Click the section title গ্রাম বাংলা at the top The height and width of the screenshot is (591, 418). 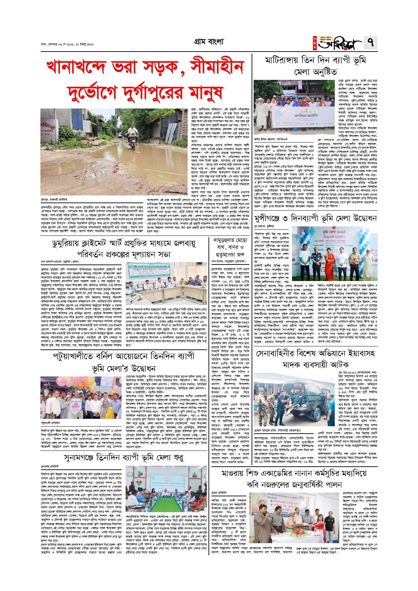[x=209, y=42]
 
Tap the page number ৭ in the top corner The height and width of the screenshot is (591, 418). [x=371, y=43]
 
